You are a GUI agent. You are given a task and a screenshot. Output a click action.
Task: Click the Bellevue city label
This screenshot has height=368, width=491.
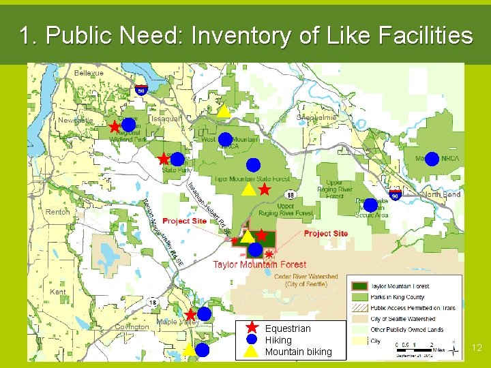[x=89, y=73]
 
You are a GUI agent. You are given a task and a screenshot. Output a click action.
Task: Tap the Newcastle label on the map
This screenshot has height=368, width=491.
[x=75, y=120]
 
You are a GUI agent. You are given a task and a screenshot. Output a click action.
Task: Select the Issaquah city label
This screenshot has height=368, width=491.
[x=166, y=119]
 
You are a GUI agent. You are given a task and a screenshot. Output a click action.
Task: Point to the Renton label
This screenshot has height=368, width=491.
[x=57, y=212]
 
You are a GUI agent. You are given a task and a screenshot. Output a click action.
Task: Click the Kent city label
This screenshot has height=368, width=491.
[x=58, y=292]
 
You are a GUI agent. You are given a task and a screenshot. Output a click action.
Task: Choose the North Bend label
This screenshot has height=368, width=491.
[x=442, y=194]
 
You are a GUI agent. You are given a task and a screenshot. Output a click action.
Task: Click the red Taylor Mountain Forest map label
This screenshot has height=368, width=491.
[x=259, y=264]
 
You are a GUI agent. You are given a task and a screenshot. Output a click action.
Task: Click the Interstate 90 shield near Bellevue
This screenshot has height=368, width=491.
[x=140, y=89]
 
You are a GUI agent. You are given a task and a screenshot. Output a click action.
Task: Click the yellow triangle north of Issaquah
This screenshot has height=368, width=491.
[x=224, y=110]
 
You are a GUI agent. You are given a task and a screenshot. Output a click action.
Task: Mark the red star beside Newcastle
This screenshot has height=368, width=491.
[x=115, y=127]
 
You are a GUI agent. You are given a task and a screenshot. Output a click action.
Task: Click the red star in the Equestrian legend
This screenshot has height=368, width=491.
[x=251, y=328]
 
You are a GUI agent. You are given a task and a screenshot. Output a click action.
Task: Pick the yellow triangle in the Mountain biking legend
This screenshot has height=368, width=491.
[x=251, y=352]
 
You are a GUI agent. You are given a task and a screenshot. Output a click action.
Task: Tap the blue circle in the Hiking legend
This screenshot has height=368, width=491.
[x=251, y=339]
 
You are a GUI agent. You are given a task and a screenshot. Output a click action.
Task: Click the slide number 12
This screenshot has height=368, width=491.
[x=477, y=348]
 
